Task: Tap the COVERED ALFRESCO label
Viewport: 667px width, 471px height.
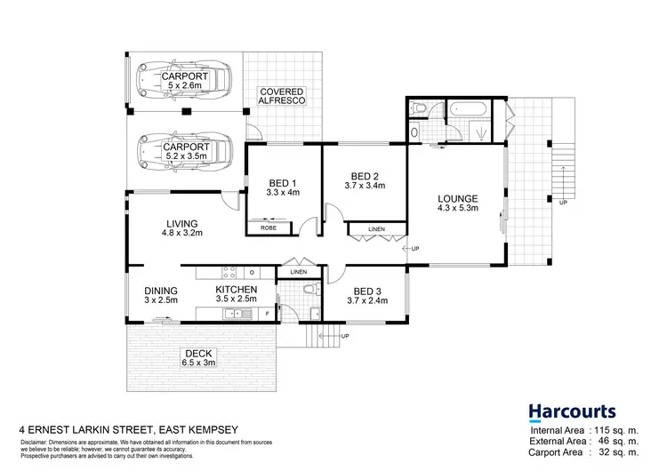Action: [x=283, y=97]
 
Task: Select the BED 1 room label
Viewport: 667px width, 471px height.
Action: [x=283, y=185]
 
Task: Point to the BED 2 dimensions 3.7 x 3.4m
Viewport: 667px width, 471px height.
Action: [x=365, y=187]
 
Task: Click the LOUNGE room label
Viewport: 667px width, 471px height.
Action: [x=458, y=198]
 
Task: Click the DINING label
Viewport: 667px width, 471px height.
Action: [x=162, y=290]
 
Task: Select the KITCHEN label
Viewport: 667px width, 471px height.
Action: [x=237, y=290]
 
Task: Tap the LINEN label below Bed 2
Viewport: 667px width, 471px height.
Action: [x=375, y=230]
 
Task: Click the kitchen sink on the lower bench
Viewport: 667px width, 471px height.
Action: [x=237, y=313]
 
